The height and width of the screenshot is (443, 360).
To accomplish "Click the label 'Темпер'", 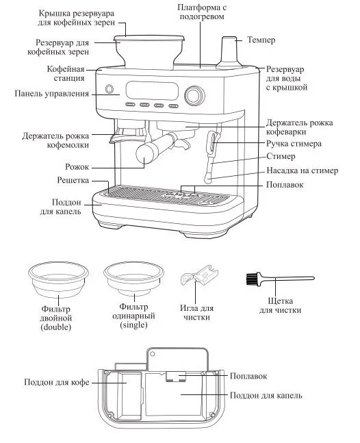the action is (x=261, y=40).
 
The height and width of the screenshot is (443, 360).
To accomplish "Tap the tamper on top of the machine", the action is (x=229, y=53).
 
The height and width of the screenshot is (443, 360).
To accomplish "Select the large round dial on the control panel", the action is (x=194, y=94).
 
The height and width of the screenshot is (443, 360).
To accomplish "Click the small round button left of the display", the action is (x=110, y=89).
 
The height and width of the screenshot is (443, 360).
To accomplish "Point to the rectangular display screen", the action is (x=152, y=90).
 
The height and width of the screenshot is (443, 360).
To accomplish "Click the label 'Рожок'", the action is (x=77, y=166).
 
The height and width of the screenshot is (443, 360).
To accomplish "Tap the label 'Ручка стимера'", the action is (x=294, y=144).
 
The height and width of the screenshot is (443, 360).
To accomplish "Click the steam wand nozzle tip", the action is (x=208, y=179).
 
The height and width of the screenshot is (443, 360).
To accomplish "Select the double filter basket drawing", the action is (x=58, y=279).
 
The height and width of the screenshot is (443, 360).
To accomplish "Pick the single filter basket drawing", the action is (x=133, y=277).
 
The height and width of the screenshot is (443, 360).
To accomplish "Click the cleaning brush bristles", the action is (x=250, y=278).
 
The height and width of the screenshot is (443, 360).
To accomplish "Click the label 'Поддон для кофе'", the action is (x=57, y=382).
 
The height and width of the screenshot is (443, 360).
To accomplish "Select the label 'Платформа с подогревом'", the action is (x=202, y=12).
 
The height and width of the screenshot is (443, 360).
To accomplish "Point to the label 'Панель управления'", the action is (x=51, y=94).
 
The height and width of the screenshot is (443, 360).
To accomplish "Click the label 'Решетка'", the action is (x=73, y=180).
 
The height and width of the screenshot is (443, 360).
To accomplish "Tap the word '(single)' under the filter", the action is (x=134, y=325).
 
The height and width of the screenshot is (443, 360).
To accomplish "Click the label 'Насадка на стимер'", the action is (x=302, y=170).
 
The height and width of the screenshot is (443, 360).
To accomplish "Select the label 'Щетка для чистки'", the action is (x=280, y=305).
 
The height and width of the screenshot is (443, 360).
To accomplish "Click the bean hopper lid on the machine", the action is (x=149, y=38).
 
